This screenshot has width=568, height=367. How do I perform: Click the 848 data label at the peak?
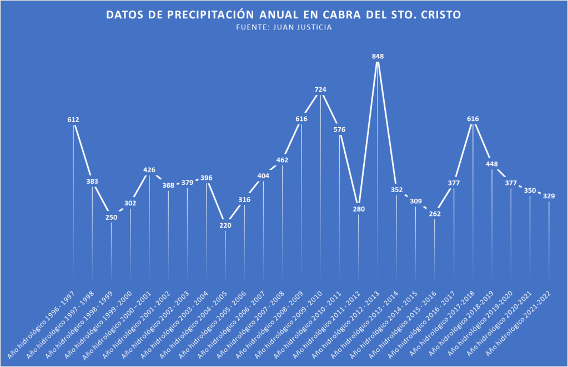[x=378, y=56]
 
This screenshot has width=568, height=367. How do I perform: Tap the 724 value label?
[x=320, y=89]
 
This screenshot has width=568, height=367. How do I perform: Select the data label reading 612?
[x=73, y=119]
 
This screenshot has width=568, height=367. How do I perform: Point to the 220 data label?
[x=225, y=225]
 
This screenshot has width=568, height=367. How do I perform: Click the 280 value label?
[x=359, y=209]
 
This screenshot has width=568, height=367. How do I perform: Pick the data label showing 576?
[x=339, y=129]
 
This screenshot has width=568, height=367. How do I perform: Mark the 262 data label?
[x=435, y=214]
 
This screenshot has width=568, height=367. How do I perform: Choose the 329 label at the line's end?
[x=549, y=196]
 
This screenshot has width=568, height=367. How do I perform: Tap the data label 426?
[x=149, y=170]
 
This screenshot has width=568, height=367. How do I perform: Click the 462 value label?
[x=283, y=160]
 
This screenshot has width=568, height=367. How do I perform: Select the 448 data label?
[x=492, y=164]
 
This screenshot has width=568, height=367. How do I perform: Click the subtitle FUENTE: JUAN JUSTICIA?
[x=284, y=27]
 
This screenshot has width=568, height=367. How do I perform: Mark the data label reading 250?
[x=112, y=217]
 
